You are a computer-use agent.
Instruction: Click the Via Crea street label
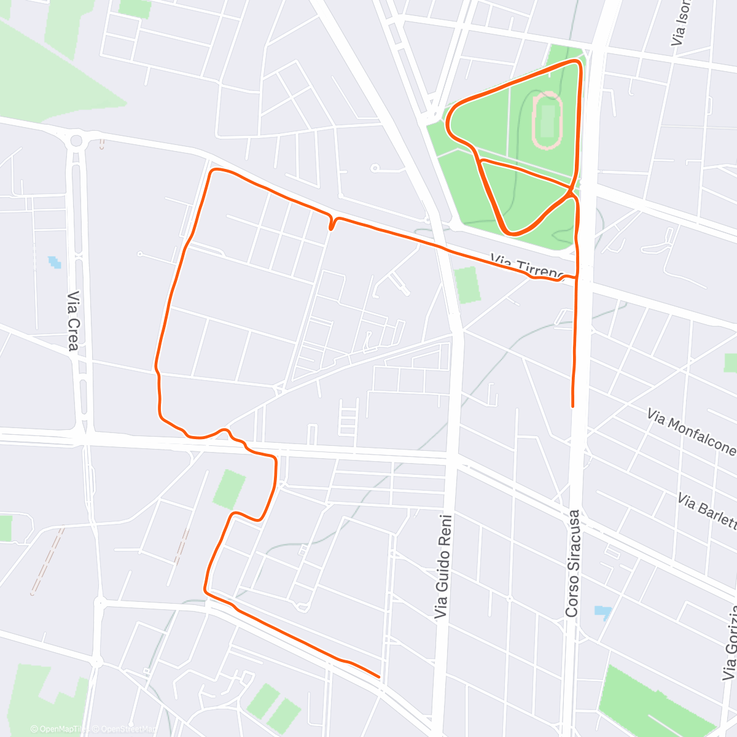pos(72,321)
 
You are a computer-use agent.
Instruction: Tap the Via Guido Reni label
pos(443,566)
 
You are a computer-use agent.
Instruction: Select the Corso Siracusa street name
pos(573,563)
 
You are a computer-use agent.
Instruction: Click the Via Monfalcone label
pos(691,432)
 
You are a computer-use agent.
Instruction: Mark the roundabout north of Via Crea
pos(76,141)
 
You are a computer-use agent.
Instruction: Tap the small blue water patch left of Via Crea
pos(55,262)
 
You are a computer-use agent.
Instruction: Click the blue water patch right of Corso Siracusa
pos(603,612)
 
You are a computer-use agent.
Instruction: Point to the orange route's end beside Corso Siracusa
pos(572,405)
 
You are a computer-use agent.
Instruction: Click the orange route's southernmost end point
pos(378,677)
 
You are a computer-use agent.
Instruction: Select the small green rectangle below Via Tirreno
pos(469,284)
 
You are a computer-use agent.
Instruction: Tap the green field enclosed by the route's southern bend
pos(228,488)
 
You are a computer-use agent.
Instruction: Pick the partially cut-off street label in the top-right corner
pos(679,25)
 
